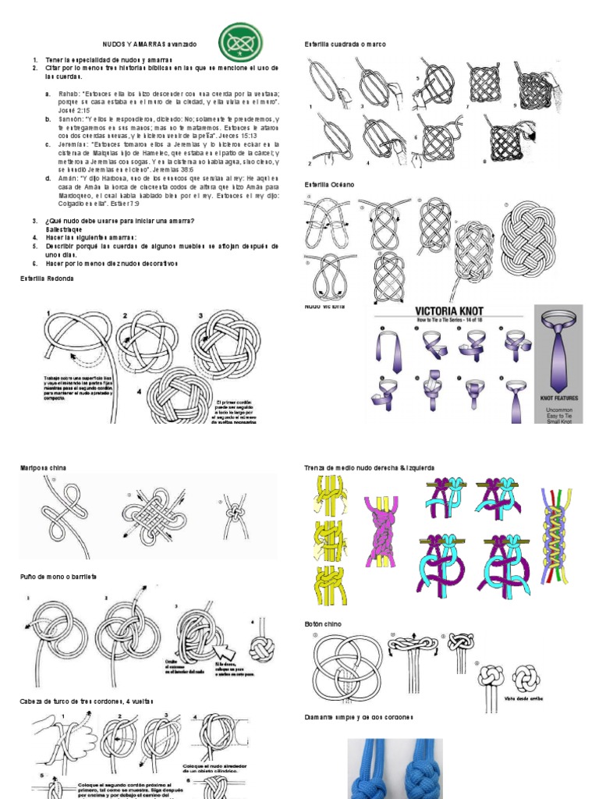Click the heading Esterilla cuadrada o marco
345,44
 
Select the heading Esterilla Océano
329,185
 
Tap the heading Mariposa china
44,467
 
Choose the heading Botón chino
323,624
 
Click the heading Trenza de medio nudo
369,467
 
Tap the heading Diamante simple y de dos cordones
358,716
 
